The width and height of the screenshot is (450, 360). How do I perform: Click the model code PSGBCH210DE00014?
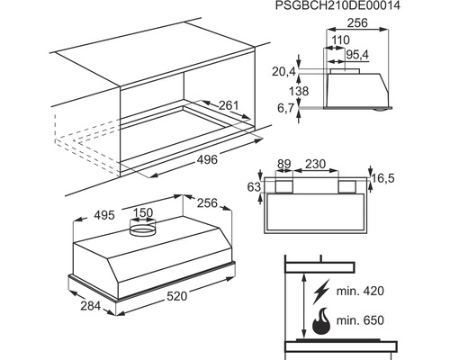click(x=337, y=5)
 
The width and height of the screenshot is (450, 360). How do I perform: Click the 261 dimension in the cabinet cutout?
click(x=229, y=105)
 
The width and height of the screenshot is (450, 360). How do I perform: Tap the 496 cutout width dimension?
click(x=207, y=159)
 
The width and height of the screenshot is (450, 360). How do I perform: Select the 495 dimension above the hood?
click(x=104, y=215)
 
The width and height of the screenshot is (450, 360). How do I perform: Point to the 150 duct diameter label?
click(x=143, y=212)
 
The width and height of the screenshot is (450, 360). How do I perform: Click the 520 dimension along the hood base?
click(x=177, y=296)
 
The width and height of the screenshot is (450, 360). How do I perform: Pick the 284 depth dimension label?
click(x=91, y=306)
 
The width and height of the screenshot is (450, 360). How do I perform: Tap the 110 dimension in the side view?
click(x=341, y=40)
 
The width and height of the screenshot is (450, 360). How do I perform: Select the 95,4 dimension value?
click(x=357, y=55)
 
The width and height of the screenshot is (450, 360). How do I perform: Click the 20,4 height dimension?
click(x=283, y=72)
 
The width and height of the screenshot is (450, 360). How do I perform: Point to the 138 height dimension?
click(x=299, y=91)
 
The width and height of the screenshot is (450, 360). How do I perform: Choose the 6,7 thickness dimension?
click(x=285, y=108)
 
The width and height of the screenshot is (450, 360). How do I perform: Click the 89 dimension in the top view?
click(x=283, y=165)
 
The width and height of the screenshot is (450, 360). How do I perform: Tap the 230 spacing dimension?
click(x=315, y=164)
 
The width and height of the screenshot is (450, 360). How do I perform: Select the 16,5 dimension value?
click(x=383, y=178)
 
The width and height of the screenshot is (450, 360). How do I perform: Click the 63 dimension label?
click(x=254, y=187)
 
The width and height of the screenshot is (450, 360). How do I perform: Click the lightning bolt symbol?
click(x=321, y=292)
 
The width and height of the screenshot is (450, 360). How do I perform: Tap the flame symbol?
click(x=321, y=321)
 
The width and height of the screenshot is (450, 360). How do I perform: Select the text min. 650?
click(x=360, y=320)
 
